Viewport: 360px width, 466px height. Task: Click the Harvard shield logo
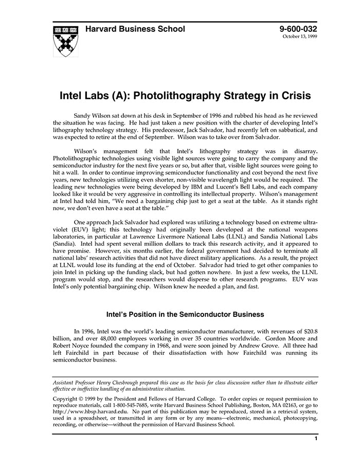coord(67,40)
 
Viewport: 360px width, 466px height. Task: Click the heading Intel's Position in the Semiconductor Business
coord(185,314)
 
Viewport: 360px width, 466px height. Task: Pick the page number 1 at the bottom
coord(316,439)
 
